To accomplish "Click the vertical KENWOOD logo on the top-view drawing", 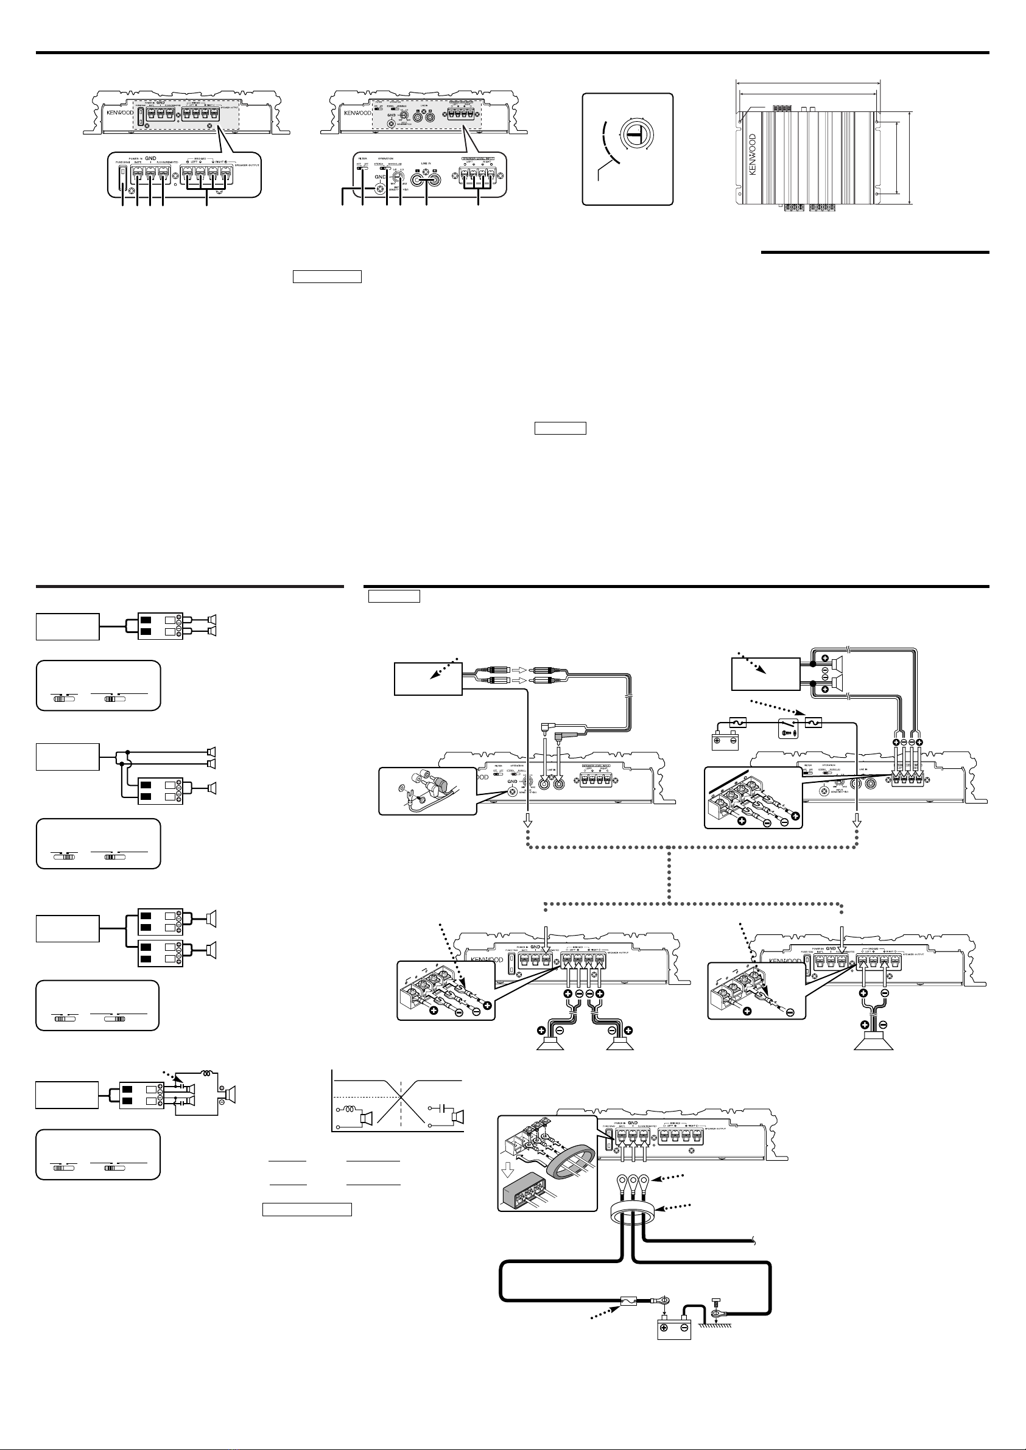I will click(x=753, y=155).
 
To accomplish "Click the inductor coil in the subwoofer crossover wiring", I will click(x=208, y=1073).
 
